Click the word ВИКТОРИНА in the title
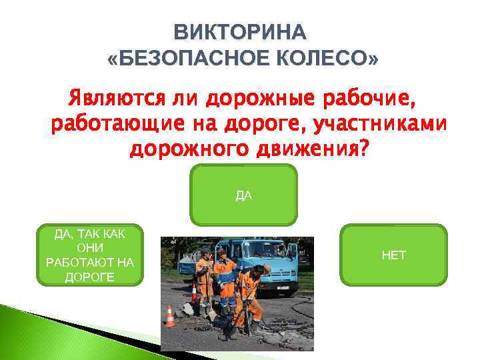tap(240, 33)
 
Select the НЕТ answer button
tap(393, 255)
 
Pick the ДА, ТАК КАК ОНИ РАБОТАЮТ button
tap(89, 255)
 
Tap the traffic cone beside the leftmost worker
tap(194, 293)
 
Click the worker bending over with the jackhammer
tap(249, 293)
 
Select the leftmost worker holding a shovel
tap(204, 277)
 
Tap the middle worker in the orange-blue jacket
tap(225, 277)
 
